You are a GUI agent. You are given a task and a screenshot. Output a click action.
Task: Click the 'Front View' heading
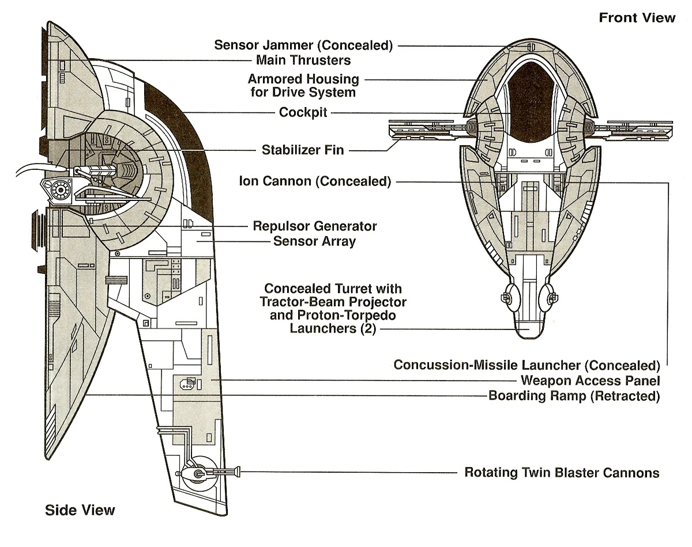(637, 17)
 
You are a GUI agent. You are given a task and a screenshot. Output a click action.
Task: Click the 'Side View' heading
(80, 510)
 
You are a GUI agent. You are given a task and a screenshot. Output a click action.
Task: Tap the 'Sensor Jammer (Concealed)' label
(303, 45)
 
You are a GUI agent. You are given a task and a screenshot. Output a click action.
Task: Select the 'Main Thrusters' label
(303, 60)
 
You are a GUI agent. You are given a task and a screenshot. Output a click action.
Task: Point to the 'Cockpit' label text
(303, 113)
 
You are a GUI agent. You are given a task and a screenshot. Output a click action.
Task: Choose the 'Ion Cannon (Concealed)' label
(315, 182)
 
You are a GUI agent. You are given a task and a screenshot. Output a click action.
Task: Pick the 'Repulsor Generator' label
(315, 226)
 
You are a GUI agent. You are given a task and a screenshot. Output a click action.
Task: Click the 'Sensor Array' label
(314, 241)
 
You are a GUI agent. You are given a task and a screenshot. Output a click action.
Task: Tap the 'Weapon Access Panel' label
(590, 381)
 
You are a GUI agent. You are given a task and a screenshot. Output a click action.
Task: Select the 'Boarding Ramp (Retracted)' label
(574, 396)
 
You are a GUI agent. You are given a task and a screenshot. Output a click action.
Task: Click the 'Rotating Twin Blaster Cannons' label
(562, 473)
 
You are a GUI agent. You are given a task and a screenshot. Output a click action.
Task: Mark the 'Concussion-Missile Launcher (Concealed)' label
(526, 365)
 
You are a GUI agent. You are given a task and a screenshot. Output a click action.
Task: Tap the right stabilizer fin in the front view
(634, 131)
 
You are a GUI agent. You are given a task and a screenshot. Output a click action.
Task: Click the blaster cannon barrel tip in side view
(237, 473)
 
